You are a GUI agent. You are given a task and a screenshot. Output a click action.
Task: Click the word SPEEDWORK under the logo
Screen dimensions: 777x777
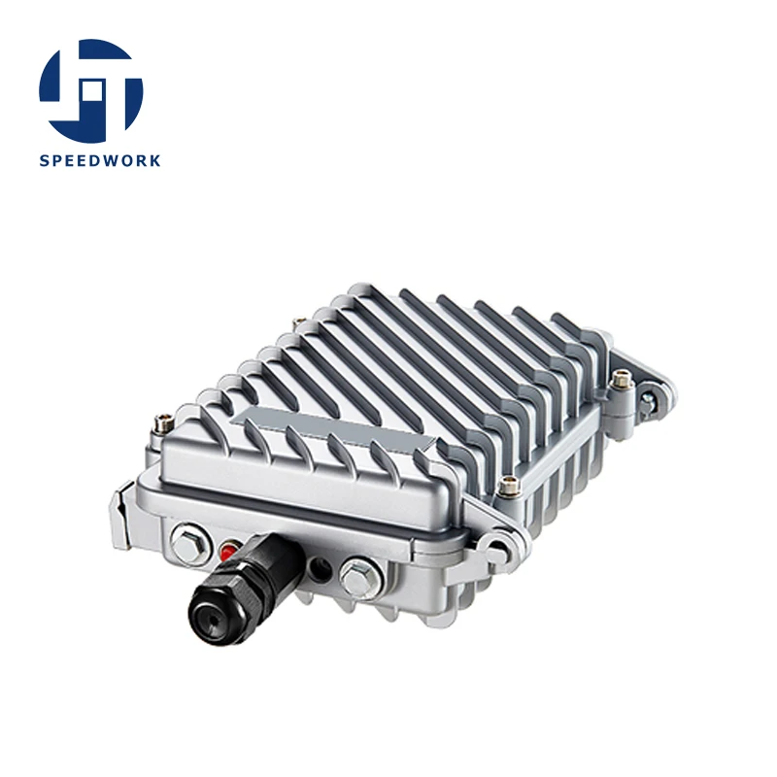[x=100, y=160]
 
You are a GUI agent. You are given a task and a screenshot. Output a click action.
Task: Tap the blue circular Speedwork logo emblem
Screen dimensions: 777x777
[x=91, y=90]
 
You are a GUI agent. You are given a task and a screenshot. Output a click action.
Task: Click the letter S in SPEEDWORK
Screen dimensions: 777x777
[x=44, y=160]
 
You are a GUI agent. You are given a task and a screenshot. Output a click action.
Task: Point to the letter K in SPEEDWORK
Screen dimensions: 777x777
[x=154, y=160]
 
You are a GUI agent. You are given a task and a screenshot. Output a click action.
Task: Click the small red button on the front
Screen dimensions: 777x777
[x=228, y=551]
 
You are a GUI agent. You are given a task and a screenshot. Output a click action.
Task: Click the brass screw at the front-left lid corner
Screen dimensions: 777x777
[x=162, y=423]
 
